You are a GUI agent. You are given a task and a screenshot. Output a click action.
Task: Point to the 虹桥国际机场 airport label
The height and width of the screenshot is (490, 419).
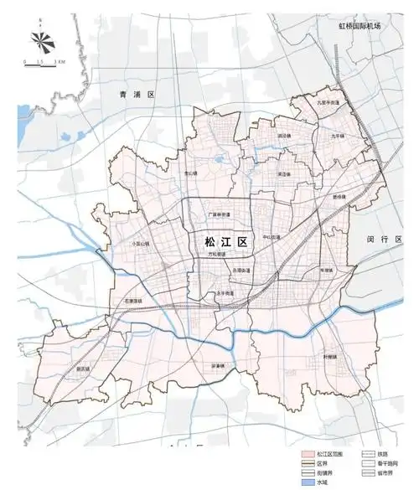point(360,27)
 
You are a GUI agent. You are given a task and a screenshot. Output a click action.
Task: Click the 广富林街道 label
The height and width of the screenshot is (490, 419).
point(219,214)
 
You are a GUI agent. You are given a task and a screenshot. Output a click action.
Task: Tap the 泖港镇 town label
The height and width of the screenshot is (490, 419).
point(218,365)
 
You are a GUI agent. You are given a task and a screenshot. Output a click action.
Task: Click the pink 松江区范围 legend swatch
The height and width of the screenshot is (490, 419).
point(308,452)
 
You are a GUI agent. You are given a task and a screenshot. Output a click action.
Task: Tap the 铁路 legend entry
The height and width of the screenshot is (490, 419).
point(365,452)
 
